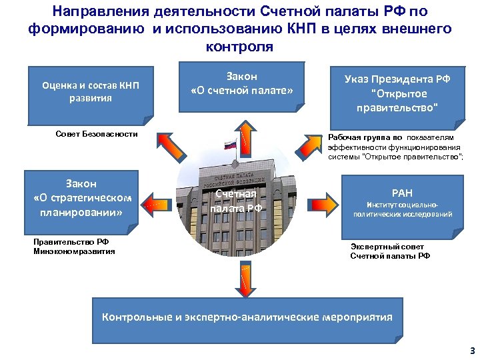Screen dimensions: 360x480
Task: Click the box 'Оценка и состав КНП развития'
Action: [x=90, y=92]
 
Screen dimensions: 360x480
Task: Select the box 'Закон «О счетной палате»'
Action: [x=242, y=83]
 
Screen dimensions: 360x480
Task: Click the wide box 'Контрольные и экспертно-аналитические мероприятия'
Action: [x=247, y=317]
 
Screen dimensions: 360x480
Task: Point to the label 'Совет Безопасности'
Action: [x=97, y=134]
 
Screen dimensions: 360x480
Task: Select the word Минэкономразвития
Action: [x=74, y=251]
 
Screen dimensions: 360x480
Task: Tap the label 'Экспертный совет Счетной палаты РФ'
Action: [x=390, y=251]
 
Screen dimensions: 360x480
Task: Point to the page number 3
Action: [x=472, y=351]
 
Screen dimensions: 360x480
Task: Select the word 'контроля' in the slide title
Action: [x=239, y=48]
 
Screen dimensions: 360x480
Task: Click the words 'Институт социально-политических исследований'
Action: [x=402, y=209]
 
